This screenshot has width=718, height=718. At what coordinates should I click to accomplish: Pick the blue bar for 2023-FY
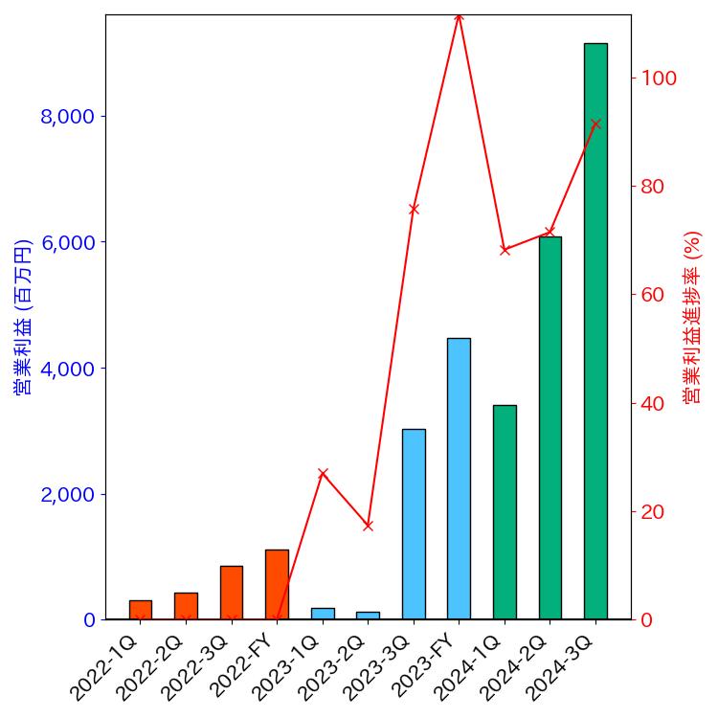pos(459,479)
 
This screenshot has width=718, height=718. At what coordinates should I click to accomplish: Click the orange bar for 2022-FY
pos(277,584)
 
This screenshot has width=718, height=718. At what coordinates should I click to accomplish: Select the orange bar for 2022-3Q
pos(232,593)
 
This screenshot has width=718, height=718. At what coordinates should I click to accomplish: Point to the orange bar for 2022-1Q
pos(141,610)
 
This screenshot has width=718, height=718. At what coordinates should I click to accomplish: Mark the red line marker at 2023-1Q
pos(323,473)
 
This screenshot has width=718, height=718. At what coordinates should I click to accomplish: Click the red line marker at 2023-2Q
pos(368,526)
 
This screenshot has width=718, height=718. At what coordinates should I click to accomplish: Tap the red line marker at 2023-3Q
pos(414,209)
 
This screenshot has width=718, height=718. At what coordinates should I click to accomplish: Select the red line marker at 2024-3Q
pos(595,124)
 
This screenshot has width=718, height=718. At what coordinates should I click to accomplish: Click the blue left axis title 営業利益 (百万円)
pos(23,317)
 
